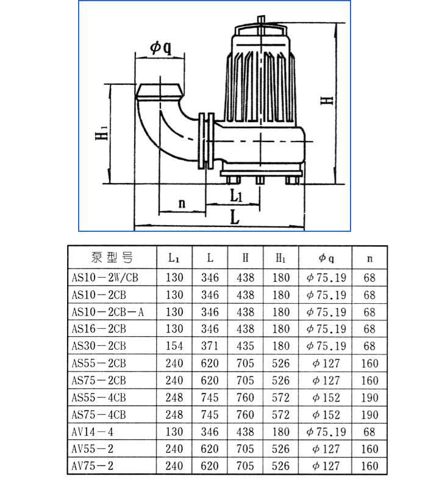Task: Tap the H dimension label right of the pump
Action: (x=329, y=99)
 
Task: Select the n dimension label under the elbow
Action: (x=181, y=203)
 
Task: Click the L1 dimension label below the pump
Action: (x=237, y=195)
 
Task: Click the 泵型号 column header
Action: (x=112, y=257)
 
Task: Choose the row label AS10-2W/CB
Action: (x=105, y=278)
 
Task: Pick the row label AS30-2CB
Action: (x=99, y=346)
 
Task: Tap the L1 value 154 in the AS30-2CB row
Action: (x=174, y=346)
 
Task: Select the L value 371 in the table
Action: (x=210, y=346)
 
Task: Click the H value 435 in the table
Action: (x=246, y=346)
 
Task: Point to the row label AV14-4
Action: (x=93, y=432)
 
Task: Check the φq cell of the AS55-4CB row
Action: (x=326, y=398)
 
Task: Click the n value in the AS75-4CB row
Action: (x=369, y=415)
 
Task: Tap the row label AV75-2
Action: (x=93, y=466)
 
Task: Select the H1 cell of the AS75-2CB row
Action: (x=281, y=380)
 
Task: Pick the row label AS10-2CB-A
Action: (x=108, y=312)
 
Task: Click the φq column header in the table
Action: (x=326, y=257)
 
